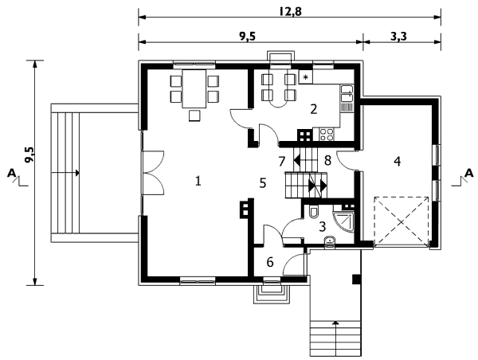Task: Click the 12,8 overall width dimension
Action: [x=290, y=12]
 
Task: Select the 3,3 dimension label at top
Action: [x=398, y=37]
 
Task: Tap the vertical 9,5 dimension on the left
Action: [x=30, y=155]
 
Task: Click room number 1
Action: [x=198, y=182]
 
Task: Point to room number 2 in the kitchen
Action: [x=314, y=109]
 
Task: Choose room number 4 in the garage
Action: [x=397, y=161]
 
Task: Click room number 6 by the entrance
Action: [x=270, y=262]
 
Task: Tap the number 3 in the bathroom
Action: [x=322, y=226]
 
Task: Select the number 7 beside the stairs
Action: [x=282, y=162]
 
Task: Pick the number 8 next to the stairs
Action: [x=327, y=160]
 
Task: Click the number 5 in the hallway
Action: [x=263, y=183]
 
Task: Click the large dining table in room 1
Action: [x=194, y=88]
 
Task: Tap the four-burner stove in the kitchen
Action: [x=327, y=135]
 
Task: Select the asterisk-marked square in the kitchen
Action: [x=305, y=76]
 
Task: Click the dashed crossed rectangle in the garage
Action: [x=402, y=221]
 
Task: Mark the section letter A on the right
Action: [x=469, y=174]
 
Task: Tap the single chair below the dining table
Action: [x=194, y=115]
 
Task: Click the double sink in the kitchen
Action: [x=347, y=93]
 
